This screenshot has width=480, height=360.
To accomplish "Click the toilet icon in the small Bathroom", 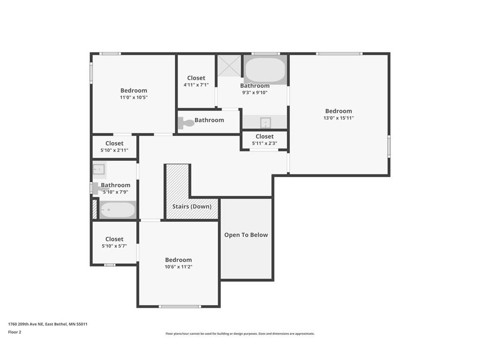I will click(186, 123).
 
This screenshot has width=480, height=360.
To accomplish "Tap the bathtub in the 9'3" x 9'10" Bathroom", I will click(265, 70).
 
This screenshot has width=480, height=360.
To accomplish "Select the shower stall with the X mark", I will click(229, 66).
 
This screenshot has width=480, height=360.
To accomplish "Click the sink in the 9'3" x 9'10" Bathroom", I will click(265, 123).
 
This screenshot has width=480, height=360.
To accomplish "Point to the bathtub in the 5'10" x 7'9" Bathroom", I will click(117, 210).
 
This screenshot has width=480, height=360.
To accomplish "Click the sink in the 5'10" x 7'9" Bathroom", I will click(99, 169).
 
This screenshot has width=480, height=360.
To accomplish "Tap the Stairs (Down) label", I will click(191, 206).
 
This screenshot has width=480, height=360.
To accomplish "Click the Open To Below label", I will click(246, 235).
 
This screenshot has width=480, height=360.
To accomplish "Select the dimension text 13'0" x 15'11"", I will click(338, 118).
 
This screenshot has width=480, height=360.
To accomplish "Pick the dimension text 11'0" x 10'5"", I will click(134, 97).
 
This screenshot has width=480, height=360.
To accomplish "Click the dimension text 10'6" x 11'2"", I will click(178, 267).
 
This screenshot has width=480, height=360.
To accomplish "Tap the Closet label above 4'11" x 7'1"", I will click(196, 78).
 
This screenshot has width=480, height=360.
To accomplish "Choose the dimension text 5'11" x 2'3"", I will click(264, 143).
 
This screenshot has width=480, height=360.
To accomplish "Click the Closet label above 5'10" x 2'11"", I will click(114, 143).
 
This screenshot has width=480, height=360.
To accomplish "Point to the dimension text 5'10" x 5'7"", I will click(114, 246).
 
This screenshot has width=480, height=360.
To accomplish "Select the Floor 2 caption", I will click(15, 332).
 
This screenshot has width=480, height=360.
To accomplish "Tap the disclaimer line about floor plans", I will click(240, 334).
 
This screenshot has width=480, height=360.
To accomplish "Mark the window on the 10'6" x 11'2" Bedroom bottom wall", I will click(180, 307).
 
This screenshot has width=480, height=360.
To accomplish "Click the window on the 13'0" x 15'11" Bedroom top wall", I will click(338, 53).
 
